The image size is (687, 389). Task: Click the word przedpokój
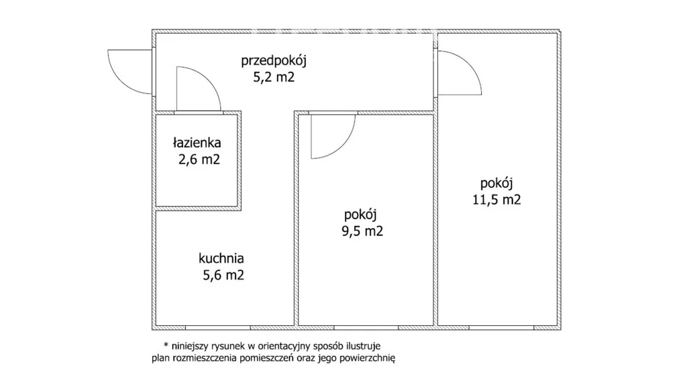274,60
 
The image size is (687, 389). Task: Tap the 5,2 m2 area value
274,77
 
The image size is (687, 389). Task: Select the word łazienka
197,142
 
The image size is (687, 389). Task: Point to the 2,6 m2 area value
199,159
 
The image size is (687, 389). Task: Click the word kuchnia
221,258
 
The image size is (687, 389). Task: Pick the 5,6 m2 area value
223,275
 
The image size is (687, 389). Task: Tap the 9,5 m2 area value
362,231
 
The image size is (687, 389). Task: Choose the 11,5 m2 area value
496,200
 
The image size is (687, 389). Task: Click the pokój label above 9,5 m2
360,215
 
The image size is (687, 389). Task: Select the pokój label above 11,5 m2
496,184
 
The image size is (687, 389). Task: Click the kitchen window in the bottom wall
218,328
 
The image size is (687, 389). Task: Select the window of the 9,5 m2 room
366,328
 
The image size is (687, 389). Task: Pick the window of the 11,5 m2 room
501,328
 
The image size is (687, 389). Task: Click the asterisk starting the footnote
166,345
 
